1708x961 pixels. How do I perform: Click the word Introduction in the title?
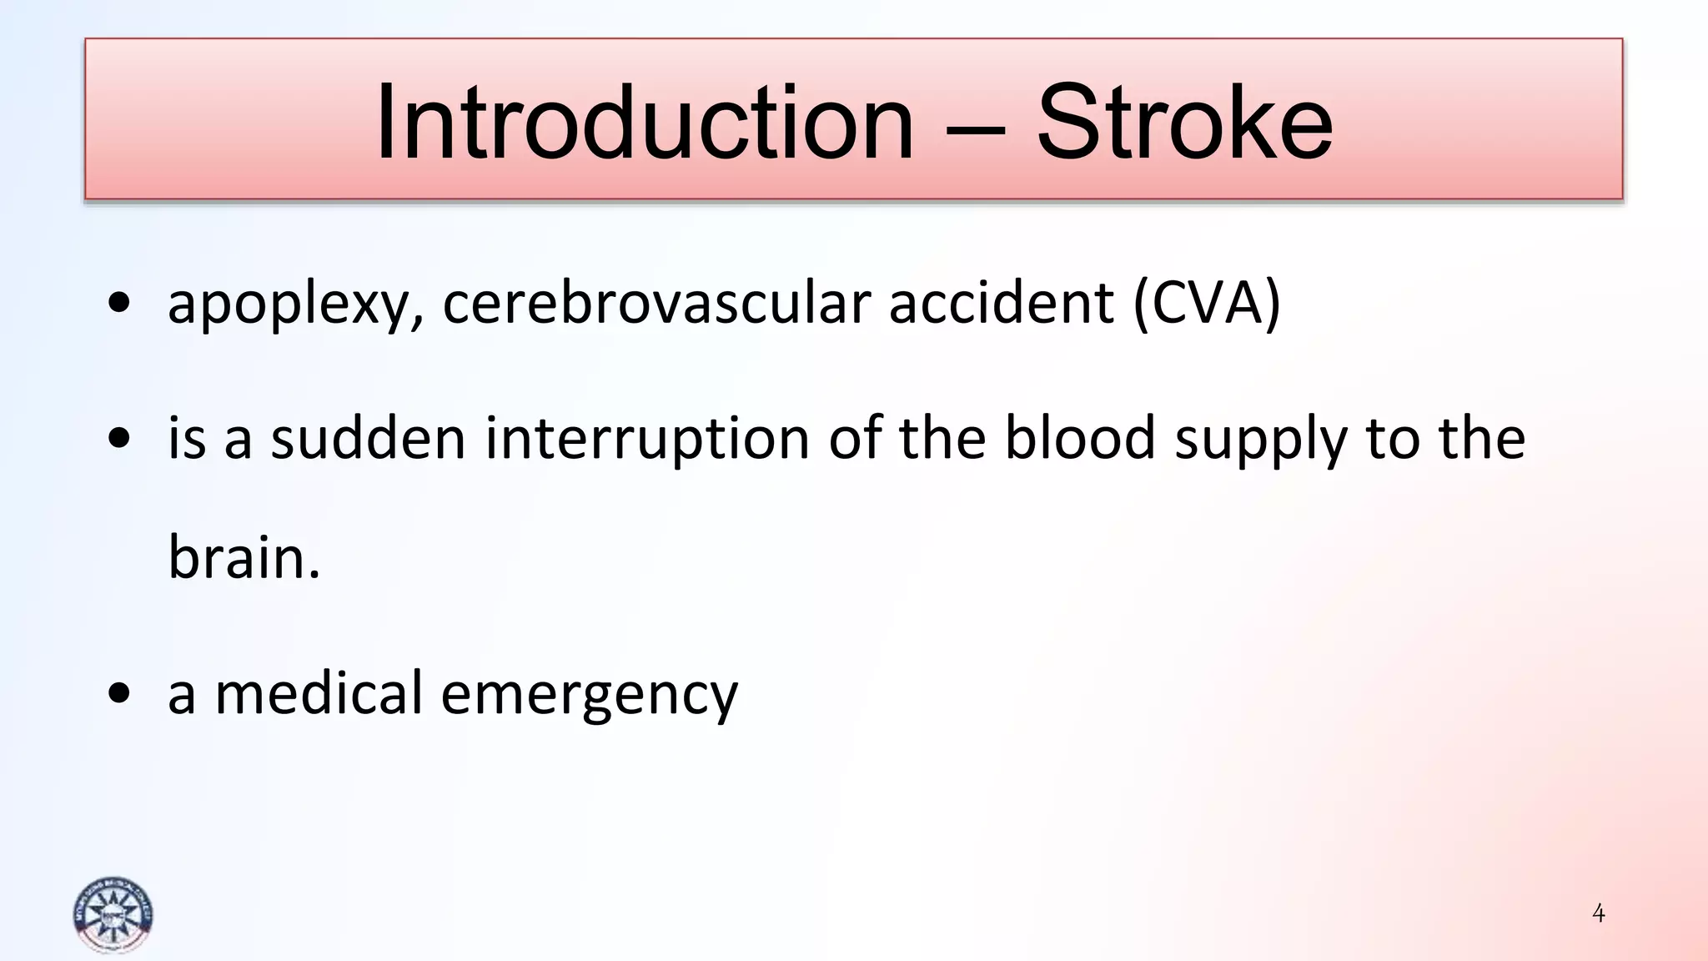645,123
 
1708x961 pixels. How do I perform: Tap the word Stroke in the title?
1184,123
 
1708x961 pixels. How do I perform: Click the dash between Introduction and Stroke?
976,129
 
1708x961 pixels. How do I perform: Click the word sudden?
368,439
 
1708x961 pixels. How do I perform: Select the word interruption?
647,440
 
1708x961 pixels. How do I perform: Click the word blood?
1079,439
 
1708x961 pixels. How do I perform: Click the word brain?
237,557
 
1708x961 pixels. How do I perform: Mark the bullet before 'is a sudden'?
119,439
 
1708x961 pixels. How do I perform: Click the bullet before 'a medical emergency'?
119,693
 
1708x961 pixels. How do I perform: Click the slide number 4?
1598,913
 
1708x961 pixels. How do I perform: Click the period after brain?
314,576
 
